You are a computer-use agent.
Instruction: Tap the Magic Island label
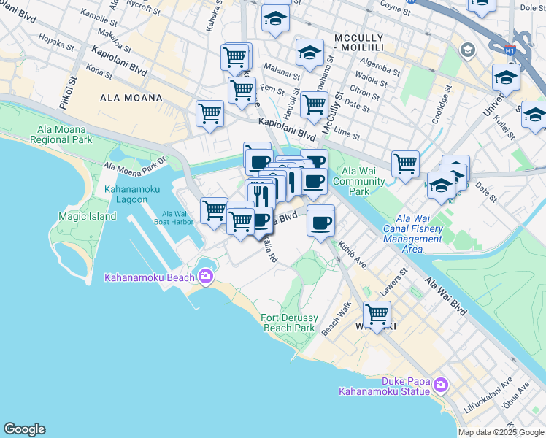coord(87,216)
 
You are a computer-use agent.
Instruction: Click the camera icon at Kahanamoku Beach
coord(205,276)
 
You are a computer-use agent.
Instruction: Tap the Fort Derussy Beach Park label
coord(288,323)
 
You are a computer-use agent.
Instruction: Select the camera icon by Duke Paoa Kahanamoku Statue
coord(439,384)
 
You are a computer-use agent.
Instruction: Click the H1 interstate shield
coord(510,51)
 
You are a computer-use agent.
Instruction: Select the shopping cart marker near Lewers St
coord(377,315)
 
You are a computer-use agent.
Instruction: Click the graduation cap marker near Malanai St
coord(309,53)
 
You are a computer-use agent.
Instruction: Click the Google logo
coord(24,429)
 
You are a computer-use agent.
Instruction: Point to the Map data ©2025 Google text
coord(501,432)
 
